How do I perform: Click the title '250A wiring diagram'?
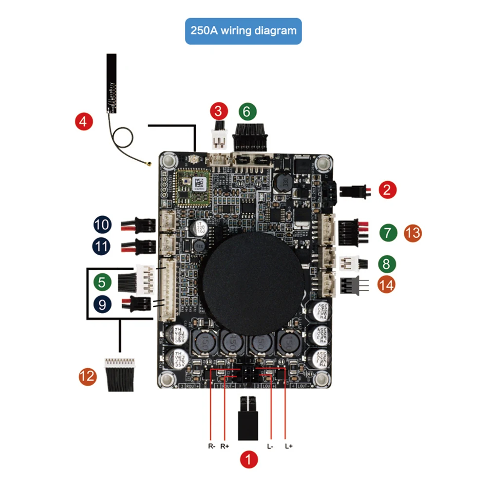pos(243,31)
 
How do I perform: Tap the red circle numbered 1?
pos(249,459)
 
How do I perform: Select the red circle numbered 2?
pos(387,189)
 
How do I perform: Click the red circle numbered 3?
pos(219,111)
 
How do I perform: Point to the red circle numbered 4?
pos(84,121)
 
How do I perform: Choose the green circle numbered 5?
pos(101,281)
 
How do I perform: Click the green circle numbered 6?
pos(247,111)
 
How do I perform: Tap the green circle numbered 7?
pos(387,233)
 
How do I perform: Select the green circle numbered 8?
pos(387,264)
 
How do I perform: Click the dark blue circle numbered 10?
pos(102,225)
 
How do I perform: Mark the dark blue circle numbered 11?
pos(102,246)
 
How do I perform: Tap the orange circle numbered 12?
pos(88,376)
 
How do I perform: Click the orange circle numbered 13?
pos(412,233)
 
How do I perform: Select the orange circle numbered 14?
pos(387,284)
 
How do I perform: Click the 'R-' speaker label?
pos(211,446)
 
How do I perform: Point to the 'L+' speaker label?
pos(288,446)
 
